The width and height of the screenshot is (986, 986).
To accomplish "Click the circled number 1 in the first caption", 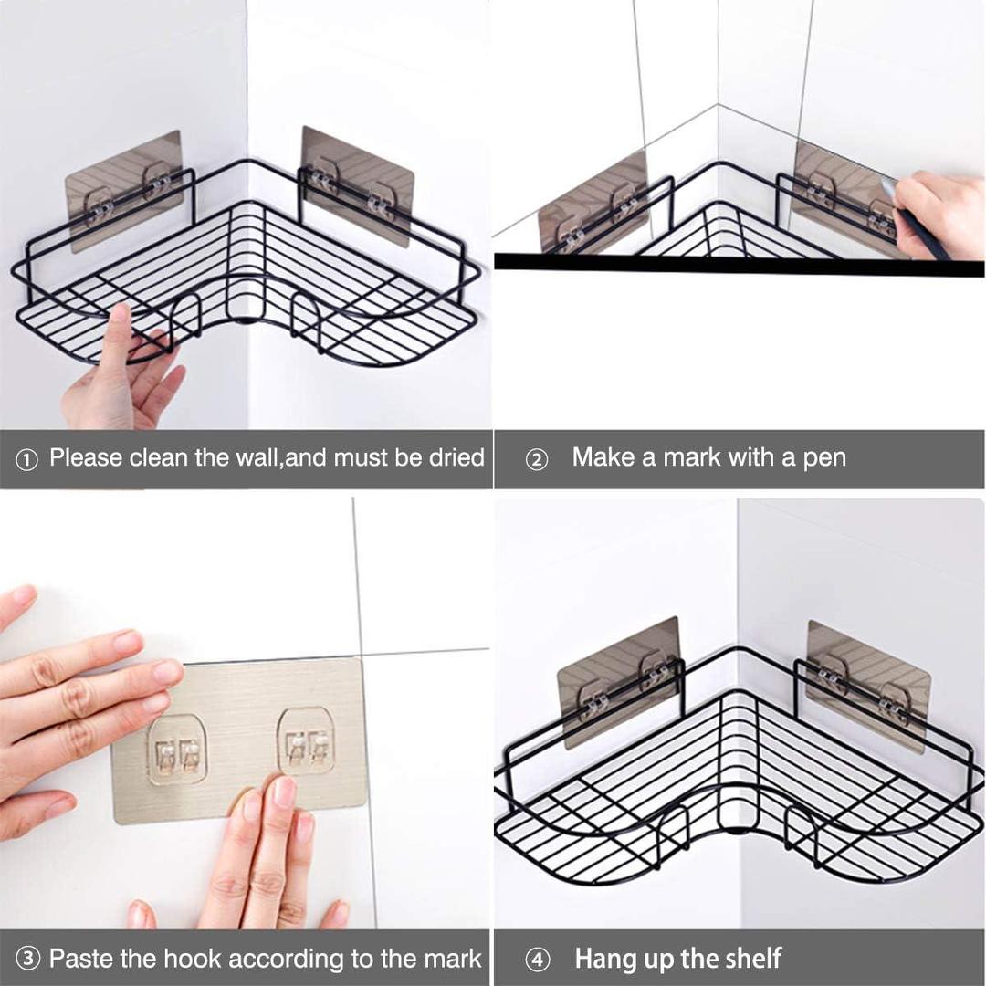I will point(27,459).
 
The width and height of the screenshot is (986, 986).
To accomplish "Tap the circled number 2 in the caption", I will point(537,459).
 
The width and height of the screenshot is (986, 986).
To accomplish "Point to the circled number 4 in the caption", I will point(539,960).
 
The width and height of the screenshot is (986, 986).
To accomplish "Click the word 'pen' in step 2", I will point(823,458).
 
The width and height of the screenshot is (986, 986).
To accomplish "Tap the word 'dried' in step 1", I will point(456,457).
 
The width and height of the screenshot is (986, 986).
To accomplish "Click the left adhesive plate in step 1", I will point(124,190).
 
